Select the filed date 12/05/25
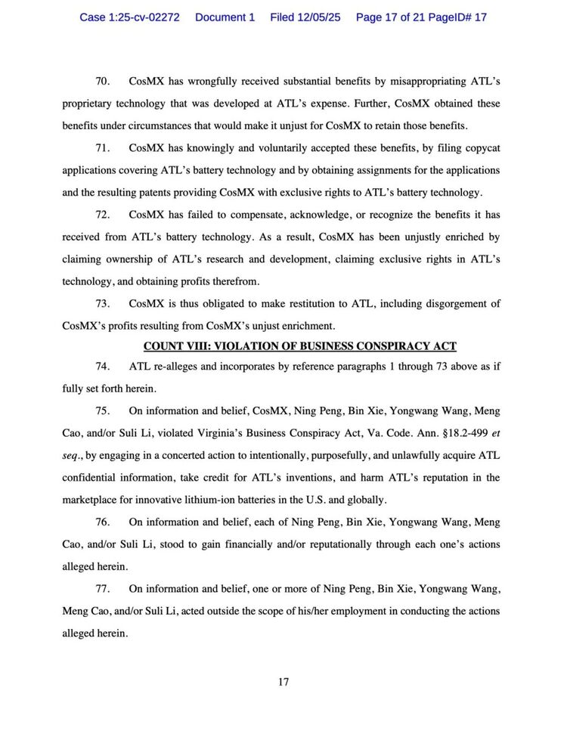(305, 17)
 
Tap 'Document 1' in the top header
(225, 17)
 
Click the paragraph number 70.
(103, 81)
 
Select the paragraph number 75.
(103, 411)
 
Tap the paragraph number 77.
(103, 589)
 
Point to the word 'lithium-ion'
(245, 499)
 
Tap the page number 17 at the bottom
(283, 682)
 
